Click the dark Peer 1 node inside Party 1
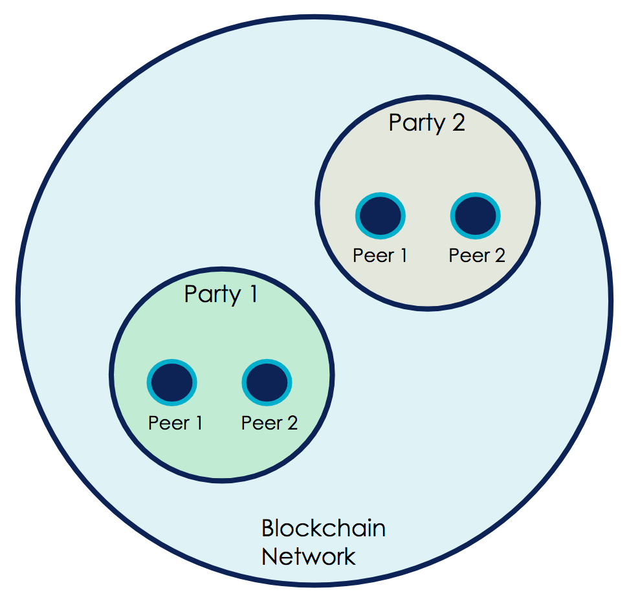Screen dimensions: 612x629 click(171, 382)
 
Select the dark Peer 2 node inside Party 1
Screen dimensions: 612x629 click(267, 382)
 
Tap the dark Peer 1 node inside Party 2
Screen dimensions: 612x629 click(380, 216)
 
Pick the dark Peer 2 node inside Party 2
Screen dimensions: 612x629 click(476, 216)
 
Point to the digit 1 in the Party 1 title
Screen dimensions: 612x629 click(252, 294)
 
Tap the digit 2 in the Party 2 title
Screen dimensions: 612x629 click(458, 123)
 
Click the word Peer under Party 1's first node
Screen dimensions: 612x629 click(166, 423)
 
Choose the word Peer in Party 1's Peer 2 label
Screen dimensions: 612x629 click(259, 423)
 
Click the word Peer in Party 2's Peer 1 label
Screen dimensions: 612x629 click(370, 256)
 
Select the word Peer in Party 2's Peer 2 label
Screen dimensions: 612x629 click(467, 256)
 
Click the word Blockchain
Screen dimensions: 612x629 click(324, 529)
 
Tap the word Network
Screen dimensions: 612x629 click(309, 556)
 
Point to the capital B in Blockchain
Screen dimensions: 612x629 click(268, 529)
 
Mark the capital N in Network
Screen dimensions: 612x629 click(269, 556)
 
